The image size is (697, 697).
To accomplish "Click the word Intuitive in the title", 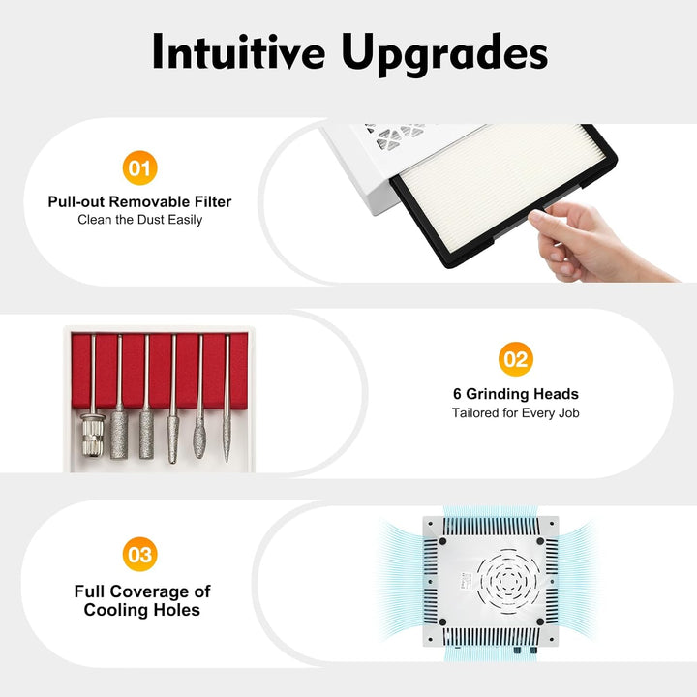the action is [239, 51].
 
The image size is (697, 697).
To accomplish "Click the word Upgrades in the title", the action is [444, 54].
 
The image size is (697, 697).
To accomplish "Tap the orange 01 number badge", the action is [140, 168].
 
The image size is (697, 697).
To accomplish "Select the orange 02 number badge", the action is [516, 359].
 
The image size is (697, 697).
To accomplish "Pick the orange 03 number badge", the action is [140, 555].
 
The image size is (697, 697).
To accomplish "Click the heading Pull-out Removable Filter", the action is [139, 201].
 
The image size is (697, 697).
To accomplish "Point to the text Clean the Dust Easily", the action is [140, 220].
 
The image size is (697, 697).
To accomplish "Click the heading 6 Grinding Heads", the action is [516, 394].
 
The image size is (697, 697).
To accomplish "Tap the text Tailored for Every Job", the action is [516, 413].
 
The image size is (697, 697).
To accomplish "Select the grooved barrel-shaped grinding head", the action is [93, 435].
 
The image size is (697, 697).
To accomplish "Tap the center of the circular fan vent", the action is [508, 579].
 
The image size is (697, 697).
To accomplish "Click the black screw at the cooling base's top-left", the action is [442, 541].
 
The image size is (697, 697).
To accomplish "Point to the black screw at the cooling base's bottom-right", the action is [540, 621].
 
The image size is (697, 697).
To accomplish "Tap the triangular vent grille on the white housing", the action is [396, 135].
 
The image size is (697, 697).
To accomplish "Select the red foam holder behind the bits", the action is [160, 370].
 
